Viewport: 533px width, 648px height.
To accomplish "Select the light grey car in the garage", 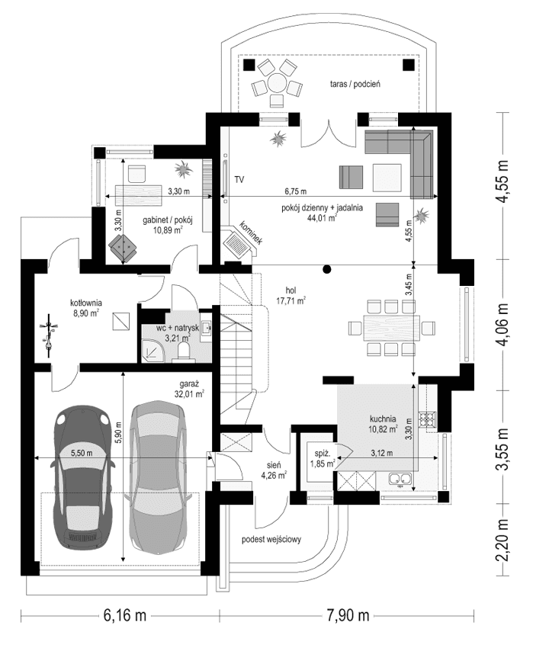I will [156, 473].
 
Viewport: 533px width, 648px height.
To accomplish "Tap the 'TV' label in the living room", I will [239, 180].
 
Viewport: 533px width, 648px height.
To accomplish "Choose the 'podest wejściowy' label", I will [272, 539].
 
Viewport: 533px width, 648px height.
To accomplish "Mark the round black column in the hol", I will [327, 268].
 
